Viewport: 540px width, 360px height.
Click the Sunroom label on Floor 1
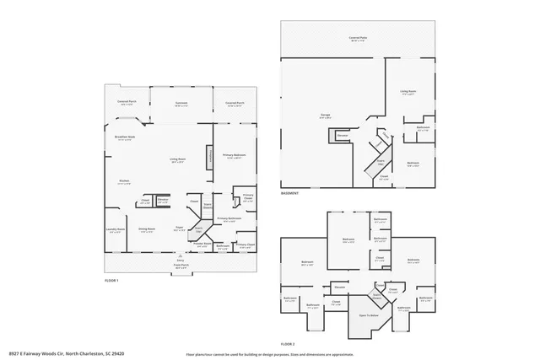[x=181, y=104]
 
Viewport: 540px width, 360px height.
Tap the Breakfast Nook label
[x=124, y=138]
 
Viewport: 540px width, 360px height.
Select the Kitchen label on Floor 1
[x=123, y=181]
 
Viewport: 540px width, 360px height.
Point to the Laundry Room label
[x=116, y=230]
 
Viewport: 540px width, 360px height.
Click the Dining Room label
[x=146, y=229]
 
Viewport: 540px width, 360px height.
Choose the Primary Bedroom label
[x=234, y=156]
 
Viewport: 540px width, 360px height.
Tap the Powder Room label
[x=202, y=245]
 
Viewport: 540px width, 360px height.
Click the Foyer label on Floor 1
[x=180, y=228]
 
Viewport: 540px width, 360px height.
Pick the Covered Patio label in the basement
[x=358, y=38]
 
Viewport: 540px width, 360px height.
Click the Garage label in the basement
[x=325, y=116]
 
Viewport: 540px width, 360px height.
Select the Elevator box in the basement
[x=343, y=135]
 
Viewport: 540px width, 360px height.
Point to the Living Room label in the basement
[x=409, y=93]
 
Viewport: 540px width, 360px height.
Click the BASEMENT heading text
[x=290, y=193]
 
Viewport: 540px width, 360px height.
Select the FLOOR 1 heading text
[x=111, y=280]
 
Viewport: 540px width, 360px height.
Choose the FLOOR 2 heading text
[x=288, y=344]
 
